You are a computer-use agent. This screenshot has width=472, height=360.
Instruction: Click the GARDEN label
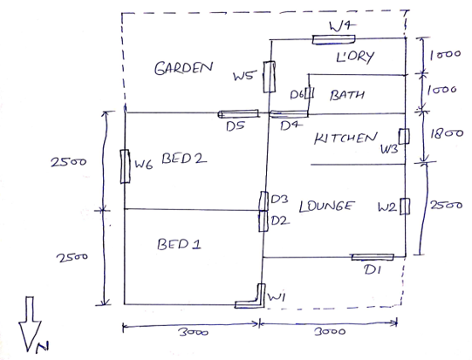pyautogui.click(x=183, y=68)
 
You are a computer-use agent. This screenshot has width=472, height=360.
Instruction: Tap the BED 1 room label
pyautogui.click(x=179, y=244)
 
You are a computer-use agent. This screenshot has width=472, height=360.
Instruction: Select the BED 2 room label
pyautogui.click(x=184, y=159)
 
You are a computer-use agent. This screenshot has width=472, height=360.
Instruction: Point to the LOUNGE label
pyautogui.click(x=326, y=207)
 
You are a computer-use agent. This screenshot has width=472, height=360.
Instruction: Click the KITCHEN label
pyautogui.click(x=345, y=139)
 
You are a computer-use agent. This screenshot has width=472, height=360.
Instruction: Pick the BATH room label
pyautogui.click(x=347, y=95)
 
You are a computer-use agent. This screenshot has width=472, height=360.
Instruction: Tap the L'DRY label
pyautogui.click(x=355, y=57)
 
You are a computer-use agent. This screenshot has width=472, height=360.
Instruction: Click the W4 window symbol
pyautogui.click(x=333, y=39)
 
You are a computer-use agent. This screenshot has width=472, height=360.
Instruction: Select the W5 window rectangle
pyautogui.click(x=269, y=77)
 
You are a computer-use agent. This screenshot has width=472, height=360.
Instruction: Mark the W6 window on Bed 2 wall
pyautogui.click(x=125, y=166)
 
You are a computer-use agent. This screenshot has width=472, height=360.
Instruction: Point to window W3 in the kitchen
pyautogui.click(x=404, y=136)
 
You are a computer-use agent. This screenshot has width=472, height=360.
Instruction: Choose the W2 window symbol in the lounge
pyautogui.click(x=405, y=207)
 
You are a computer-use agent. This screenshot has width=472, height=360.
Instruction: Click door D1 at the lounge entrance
pyautogui.click(x=373, y=257)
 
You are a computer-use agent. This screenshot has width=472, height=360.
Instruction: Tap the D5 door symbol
pyautogui.click(x=238, y=113)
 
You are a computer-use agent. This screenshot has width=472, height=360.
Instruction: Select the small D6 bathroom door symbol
pyautogui.click(x=310, y=92)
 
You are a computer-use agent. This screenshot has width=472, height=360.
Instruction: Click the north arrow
pyautogui.click(x=30, y=324)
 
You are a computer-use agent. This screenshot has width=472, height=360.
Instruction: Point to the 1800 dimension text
pyautogui.click(x=447, y=134)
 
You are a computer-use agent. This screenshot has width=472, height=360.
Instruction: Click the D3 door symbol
pyautogui.click(x=263, y=200)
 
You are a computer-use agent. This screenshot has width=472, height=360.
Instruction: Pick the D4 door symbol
pyautogui.click(x=289, y=114)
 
